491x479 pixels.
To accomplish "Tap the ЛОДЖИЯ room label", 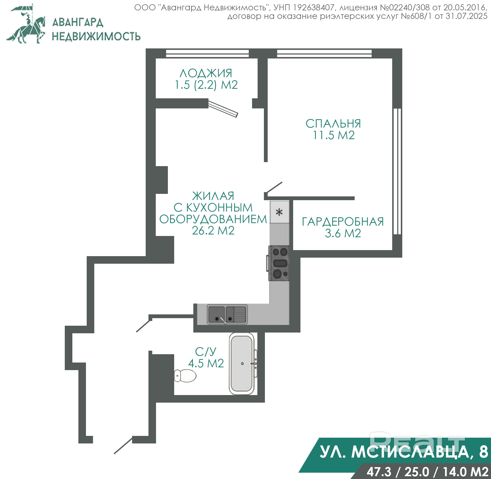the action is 206,73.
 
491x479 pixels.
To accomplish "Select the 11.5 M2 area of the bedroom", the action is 334,135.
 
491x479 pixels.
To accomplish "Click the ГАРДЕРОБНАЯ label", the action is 343,222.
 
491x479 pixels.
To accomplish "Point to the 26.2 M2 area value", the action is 213,231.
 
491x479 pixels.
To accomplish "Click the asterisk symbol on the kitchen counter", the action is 279,212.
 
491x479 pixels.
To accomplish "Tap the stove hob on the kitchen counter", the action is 278,263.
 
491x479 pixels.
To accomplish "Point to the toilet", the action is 185,376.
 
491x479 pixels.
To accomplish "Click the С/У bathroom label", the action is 206,352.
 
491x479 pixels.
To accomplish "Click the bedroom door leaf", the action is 274,188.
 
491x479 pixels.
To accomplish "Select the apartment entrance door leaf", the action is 123,445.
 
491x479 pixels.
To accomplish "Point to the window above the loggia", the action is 207,53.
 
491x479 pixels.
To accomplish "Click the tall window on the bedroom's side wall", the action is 397,171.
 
